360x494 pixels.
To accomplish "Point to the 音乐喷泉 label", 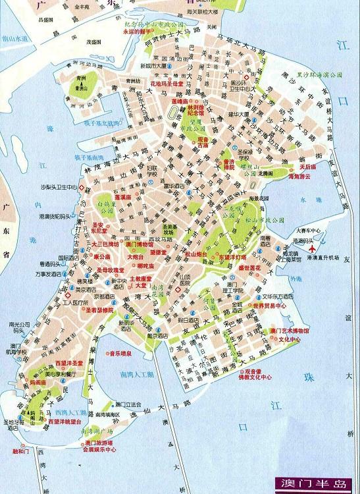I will click(123, 352).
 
